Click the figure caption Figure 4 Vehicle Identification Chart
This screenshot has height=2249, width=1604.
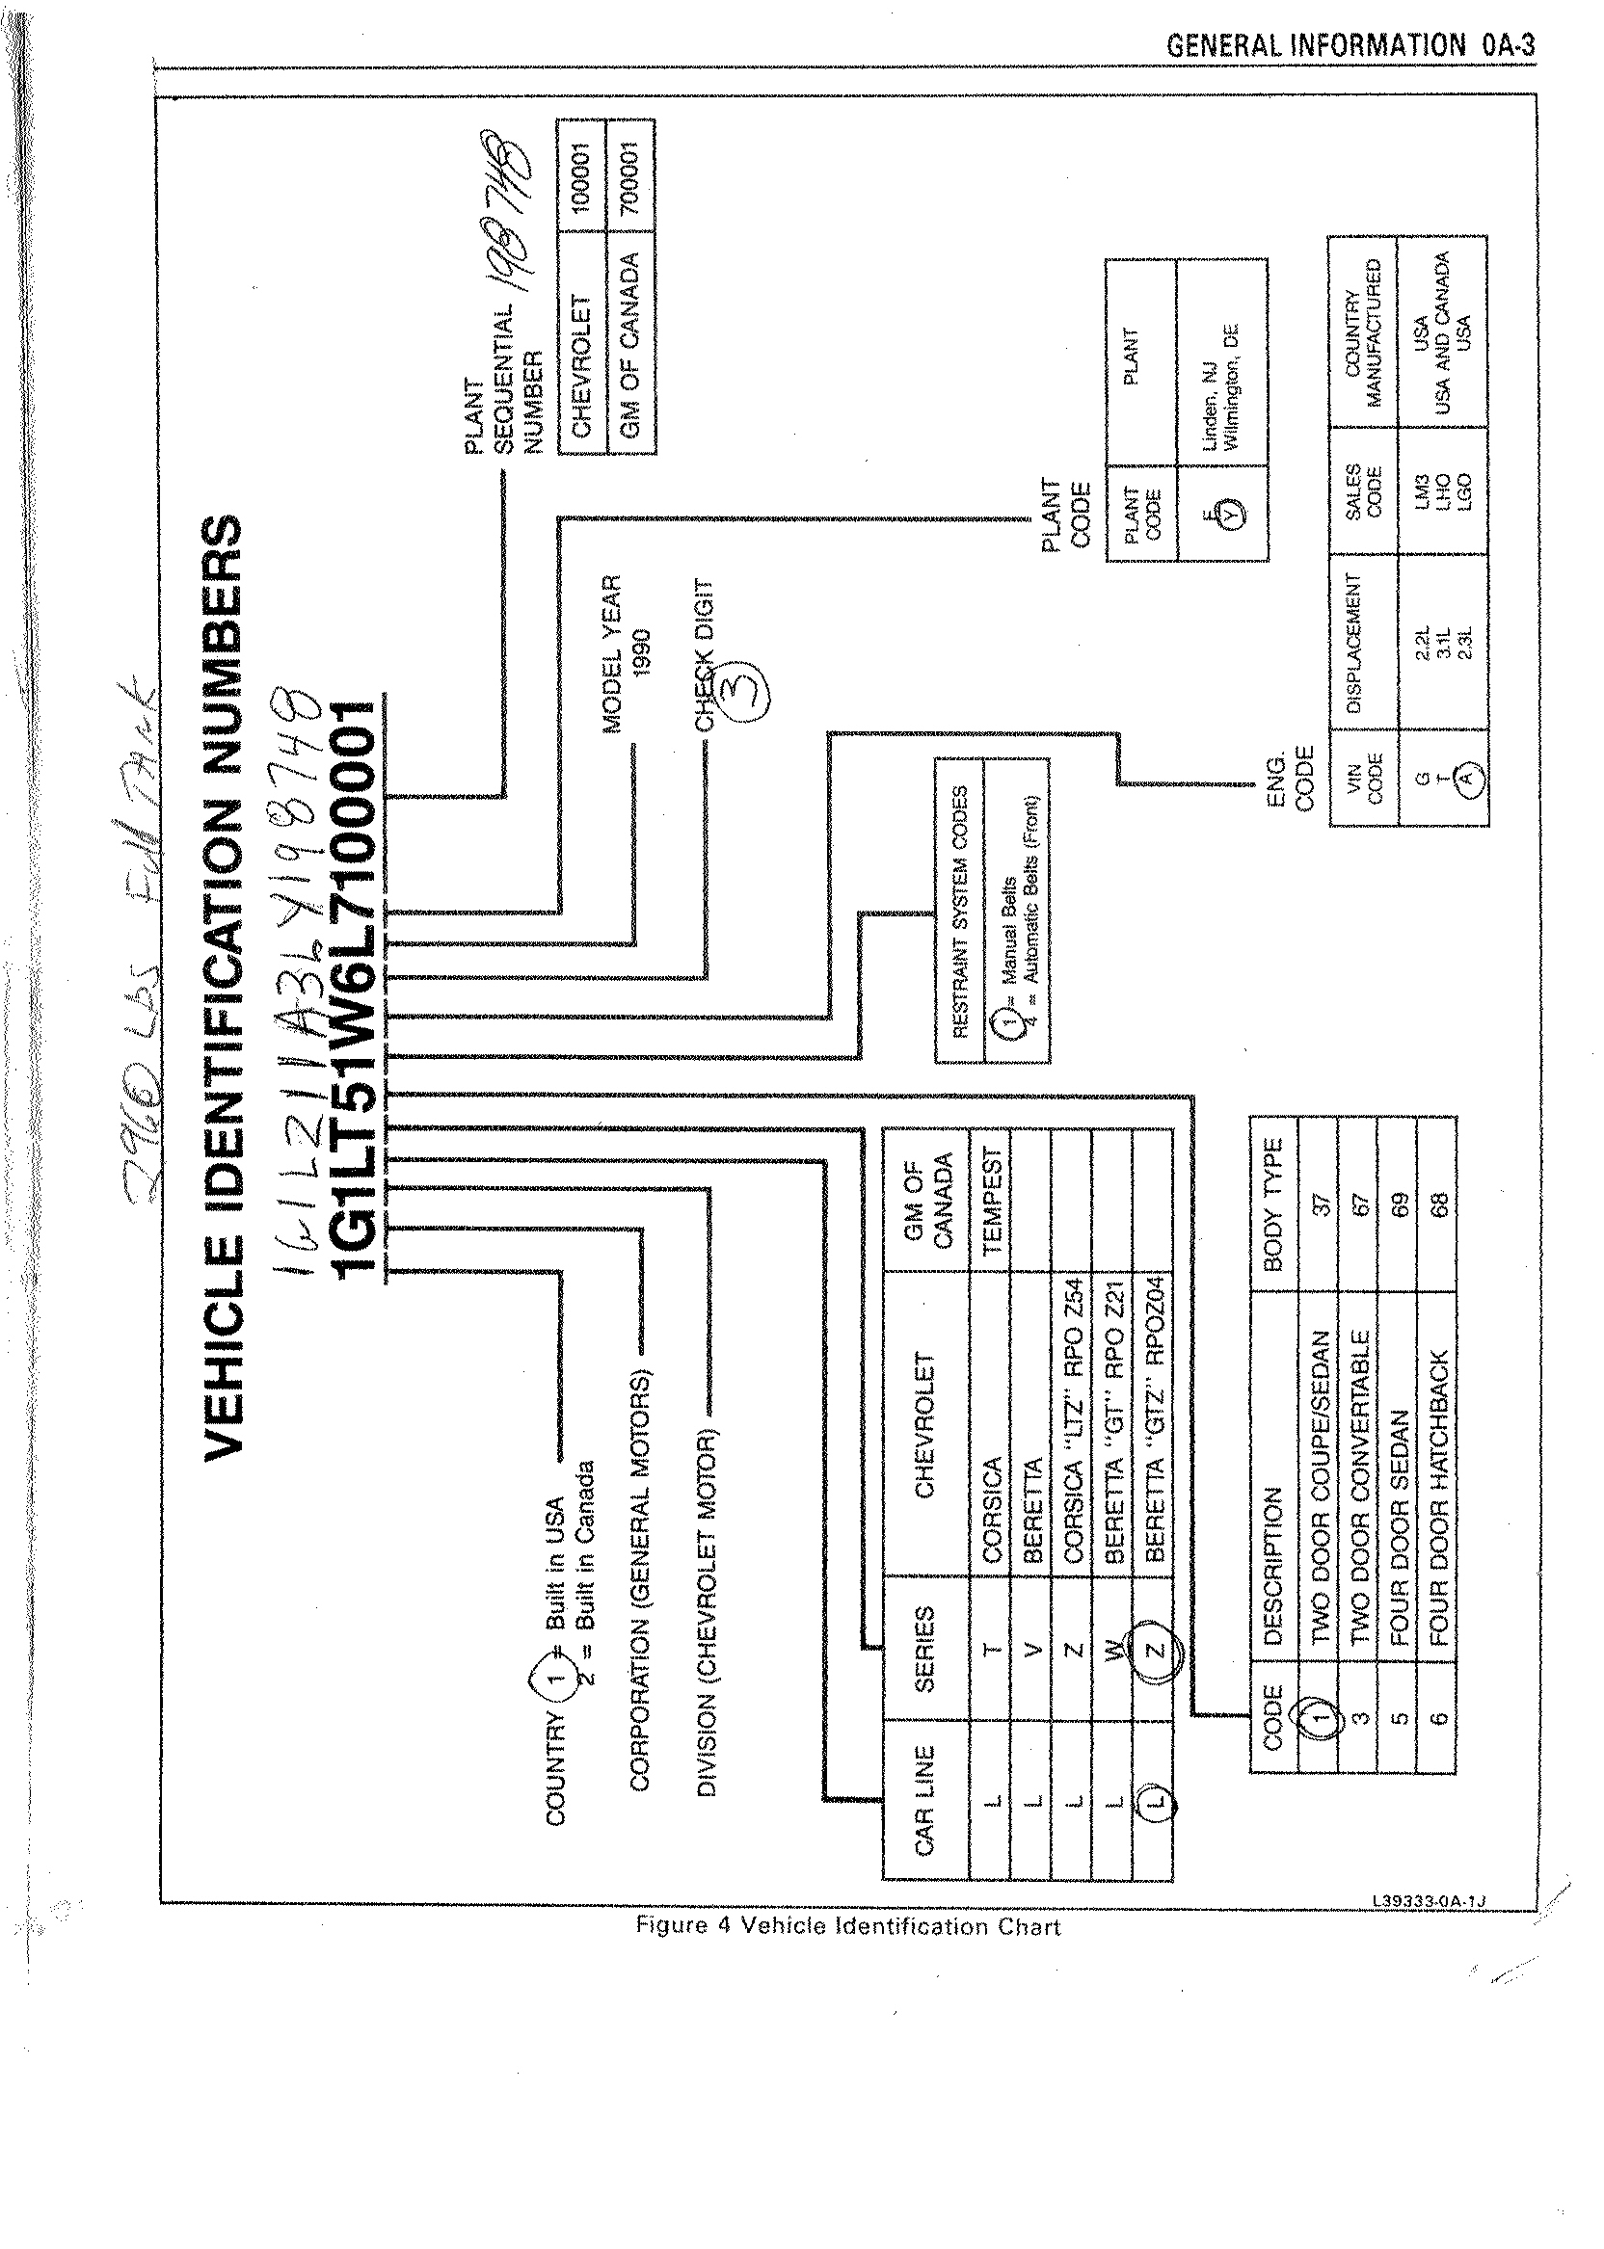(847, 1925)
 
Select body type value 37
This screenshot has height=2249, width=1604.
(1321, 1202)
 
